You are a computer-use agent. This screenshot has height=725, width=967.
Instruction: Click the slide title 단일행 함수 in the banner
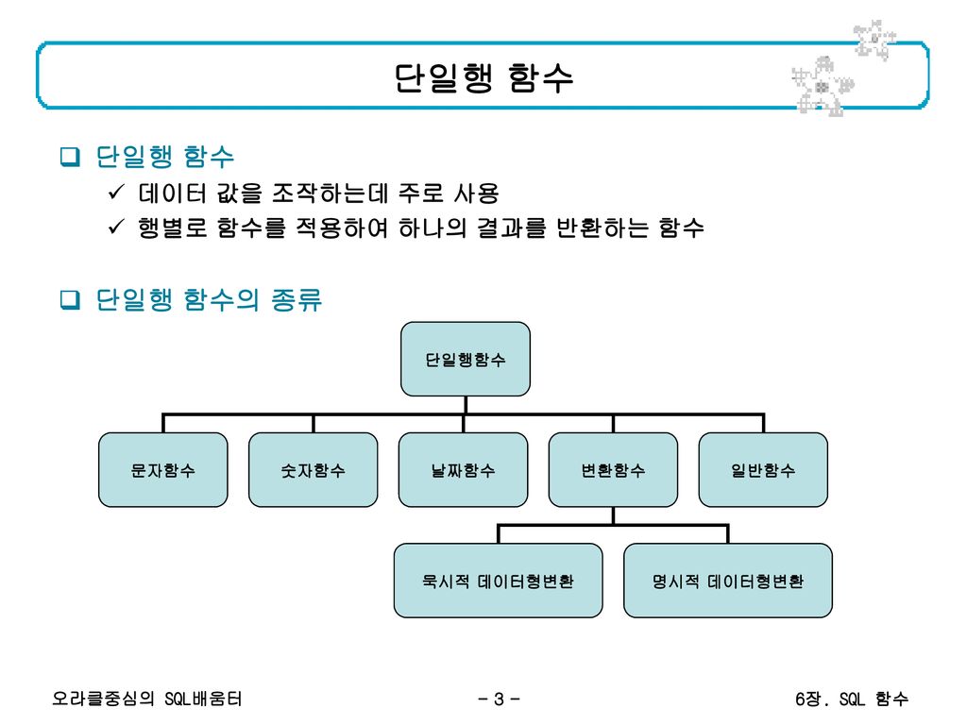click(483, 78)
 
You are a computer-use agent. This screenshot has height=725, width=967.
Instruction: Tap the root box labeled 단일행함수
click(466, 359)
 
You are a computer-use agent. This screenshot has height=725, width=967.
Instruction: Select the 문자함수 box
click(164, 469)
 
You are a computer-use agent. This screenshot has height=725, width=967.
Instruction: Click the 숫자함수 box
click(314, 469)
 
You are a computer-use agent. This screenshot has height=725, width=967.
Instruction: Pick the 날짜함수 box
click(463, 469)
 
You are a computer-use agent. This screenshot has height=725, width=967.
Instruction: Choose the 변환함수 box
click(613, 469)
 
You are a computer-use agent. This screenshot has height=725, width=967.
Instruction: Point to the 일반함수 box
click(763, 469)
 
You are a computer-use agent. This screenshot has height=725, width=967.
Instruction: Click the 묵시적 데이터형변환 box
click(498, 581)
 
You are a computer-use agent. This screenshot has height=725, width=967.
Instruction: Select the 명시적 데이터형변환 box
click(728, 581)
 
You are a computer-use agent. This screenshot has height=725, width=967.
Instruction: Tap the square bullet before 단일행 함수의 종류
click(69, 300)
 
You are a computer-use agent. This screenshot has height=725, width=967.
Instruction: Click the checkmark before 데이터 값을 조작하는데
click(116, 195)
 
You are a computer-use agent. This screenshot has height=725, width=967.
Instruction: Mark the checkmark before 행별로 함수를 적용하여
click(116, 228)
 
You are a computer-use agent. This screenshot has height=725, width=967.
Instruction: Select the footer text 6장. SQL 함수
click(851, 700)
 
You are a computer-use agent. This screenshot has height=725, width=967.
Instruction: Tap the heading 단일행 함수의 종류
click(209, 300)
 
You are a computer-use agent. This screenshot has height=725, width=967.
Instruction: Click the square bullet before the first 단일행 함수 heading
click(69, 156)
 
